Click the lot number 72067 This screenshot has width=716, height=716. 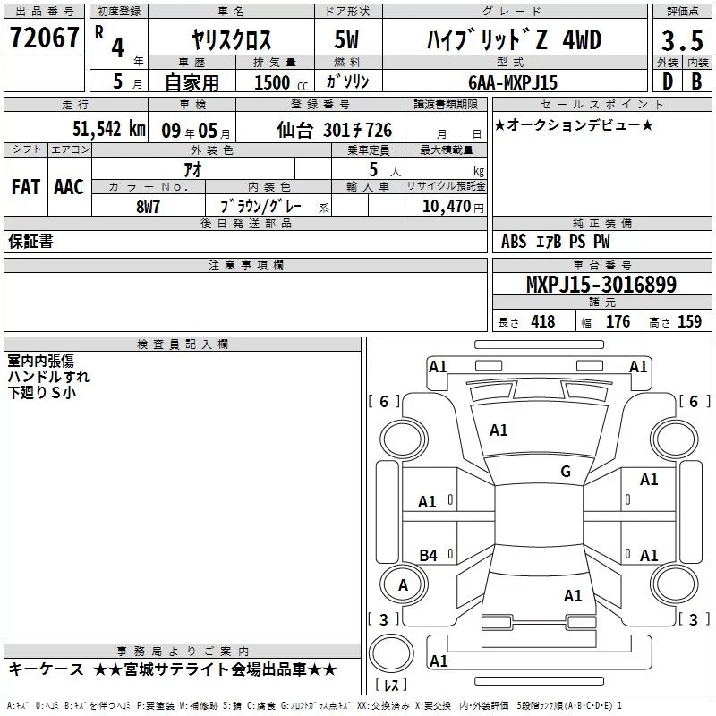44,38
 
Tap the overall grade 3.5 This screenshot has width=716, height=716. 682,40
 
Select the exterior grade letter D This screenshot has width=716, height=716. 668,81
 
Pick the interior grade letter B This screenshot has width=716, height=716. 696,81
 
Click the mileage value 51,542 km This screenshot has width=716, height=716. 109,129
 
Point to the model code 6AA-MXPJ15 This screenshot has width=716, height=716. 513,82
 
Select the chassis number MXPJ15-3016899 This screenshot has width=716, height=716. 601,284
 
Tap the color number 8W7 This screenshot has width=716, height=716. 148,207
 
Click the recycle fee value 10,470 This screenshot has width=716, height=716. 447,206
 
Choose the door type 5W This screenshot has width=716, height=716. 346,39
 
